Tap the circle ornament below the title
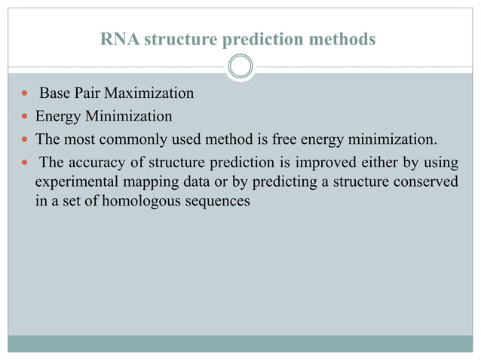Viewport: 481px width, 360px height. click(240, 67)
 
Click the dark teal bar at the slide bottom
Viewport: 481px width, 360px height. click(240, 343)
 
